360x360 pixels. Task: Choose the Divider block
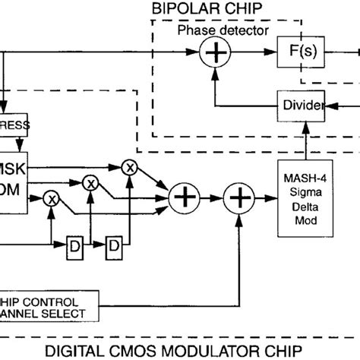click(x=302, y=104)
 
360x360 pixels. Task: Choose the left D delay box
click(x=75, y=245)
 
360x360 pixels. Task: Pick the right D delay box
click(x=113, y=245)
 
